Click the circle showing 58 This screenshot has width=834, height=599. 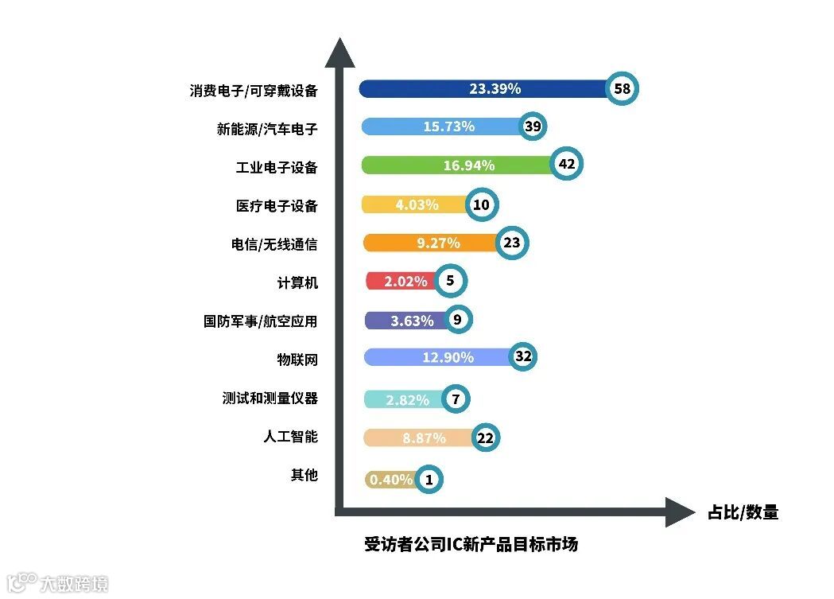[x=622, y=88]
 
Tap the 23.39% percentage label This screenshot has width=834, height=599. [x=495, y=89]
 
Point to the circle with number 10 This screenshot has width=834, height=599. [x=481, y=204]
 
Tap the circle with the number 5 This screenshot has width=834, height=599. [x=450, y=281]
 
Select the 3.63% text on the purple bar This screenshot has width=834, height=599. [x=412, y=321]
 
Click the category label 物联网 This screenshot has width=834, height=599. [x=297, y=360]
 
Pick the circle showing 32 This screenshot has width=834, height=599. [x=522, y=357]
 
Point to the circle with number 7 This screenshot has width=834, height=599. [x=456, y=399]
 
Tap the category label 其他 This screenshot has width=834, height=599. [x=304, y=475]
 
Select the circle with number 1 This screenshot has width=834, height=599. [x=429, y=479]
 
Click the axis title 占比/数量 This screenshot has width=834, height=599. [x=743, y=512]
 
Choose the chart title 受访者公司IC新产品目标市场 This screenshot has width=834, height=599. [x=471, y=545]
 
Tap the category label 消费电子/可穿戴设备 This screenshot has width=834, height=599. [x=254, y=91]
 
